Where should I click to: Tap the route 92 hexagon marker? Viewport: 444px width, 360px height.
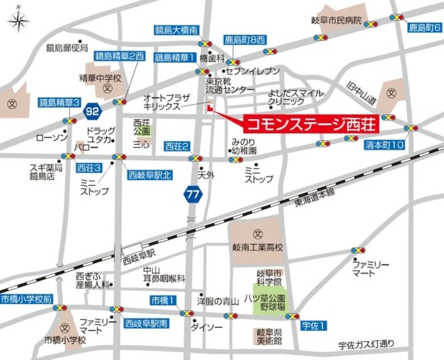(92, 110)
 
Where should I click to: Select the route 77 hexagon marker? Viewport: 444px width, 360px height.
(193, 194)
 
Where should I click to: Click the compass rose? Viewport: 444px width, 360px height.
(19, 21)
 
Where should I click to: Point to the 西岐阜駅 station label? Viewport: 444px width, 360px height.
(139, 257)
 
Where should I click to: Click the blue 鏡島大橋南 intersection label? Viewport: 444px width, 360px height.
(176, 31)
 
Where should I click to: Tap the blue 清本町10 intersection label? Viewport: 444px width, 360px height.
(384, 145)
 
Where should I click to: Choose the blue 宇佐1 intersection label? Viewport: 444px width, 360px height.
(314, 326)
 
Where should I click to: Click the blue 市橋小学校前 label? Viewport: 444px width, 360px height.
(26, 298)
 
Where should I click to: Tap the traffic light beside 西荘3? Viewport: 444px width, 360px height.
(68, 156)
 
